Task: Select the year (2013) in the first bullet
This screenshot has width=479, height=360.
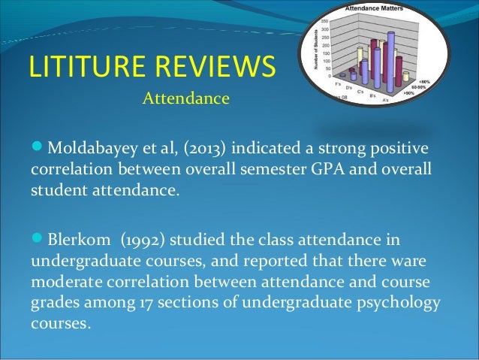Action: point(194,144)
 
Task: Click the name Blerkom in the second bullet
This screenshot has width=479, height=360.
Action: point(76,241)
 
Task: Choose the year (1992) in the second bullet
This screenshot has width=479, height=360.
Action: point(136,241)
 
